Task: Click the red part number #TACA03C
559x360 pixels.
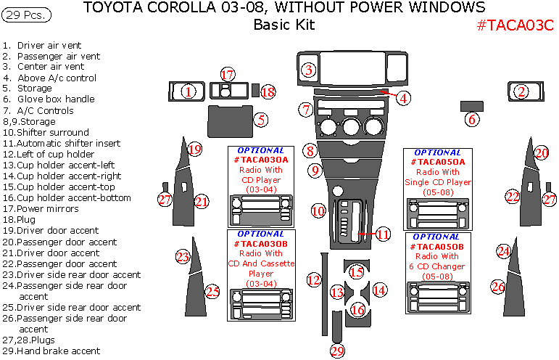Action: pyautogui.click(x=515, y=25)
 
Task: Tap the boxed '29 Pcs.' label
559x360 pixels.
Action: pyautogui.click(x=27, y=15)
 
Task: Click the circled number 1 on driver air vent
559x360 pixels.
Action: pyautogui.click(x=189, y=91)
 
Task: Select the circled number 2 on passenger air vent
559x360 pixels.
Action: pyautogui.click(x=521, y=91)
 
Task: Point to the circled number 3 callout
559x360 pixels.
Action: pyautogui.click(x=309, y=70)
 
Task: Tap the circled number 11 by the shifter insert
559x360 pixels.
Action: pyautogui.click(x=383, y=234)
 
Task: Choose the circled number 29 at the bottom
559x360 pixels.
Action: pyautogui.click(x=337, y=351)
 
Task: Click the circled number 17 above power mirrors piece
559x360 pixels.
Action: pyautogui.click(x=228, y=75)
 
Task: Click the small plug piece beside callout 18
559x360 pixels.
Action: pyautogui.click(x=255, y=90)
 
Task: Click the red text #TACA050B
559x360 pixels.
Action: pyautogui.click(x=438, y=247)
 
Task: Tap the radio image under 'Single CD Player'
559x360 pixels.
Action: pyautogui.click(x=438, y=213)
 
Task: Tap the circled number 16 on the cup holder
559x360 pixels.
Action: pyautogui.click(x=357, y=310)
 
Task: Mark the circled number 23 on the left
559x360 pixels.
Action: pyautogui.click(x=183, y=256)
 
